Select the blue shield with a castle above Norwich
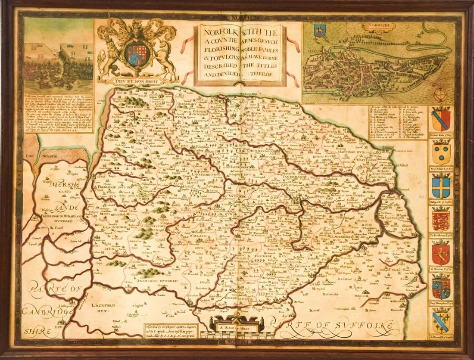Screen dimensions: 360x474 point(320,30)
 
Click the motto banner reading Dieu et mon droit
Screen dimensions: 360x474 point(137,79)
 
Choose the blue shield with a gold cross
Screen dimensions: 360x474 point(441,186)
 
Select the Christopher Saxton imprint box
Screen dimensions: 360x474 point(171,330)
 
